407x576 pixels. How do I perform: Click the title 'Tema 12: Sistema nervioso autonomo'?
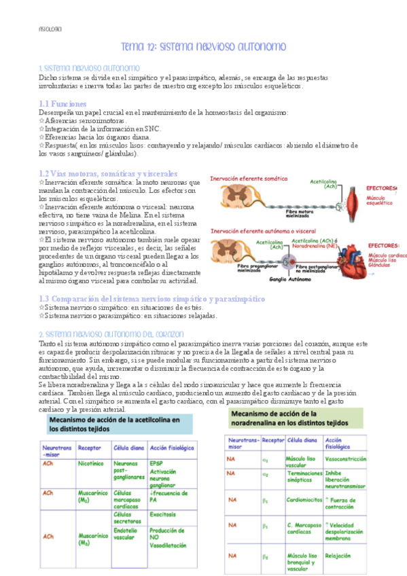pyautogui.click(x=203, y=47)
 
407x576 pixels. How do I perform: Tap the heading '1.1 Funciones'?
pyautogui.click(x=63, y=103)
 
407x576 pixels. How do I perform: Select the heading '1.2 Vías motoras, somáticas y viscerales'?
pyautogui.click(x=108, y=174)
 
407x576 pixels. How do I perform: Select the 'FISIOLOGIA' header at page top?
pyautogui.click(x=50, y=30)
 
